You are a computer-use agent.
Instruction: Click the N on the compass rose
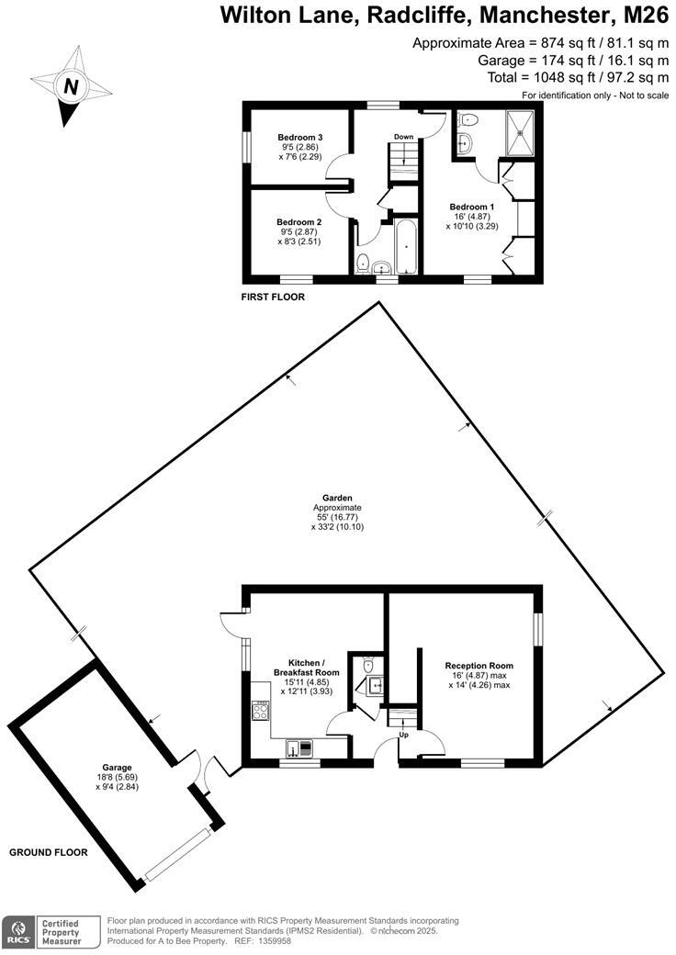[70, 87]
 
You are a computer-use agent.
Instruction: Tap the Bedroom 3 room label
[300, 138]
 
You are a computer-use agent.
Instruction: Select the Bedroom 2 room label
[299, 222]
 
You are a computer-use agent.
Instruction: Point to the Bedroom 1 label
[472, 207]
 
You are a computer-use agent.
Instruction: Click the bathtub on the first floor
[405, 247]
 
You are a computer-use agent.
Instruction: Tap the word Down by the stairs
[403, 137]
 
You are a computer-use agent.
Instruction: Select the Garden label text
[337, 498]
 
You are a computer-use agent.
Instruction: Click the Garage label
[118, 768]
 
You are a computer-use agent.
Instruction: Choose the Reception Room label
[479, 666]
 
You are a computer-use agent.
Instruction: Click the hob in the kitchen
[260, 710]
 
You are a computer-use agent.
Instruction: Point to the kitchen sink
[299, 747]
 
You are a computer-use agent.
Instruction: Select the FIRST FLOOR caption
[273, 298]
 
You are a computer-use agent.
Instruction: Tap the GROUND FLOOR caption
[49, 852]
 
